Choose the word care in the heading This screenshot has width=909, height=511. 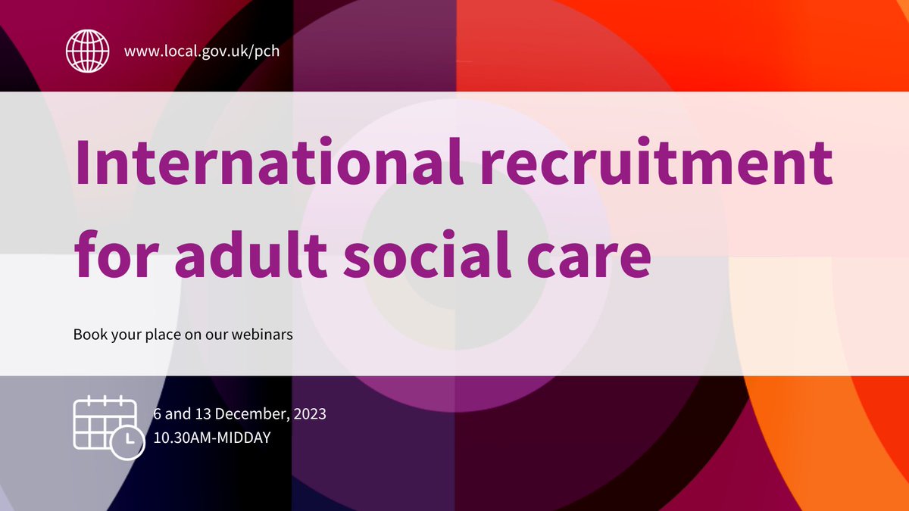(592, 254)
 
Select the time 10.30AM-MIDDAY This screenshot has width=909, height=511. (211, 437)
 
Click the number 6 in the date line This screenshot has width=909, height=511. (157, 415)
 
